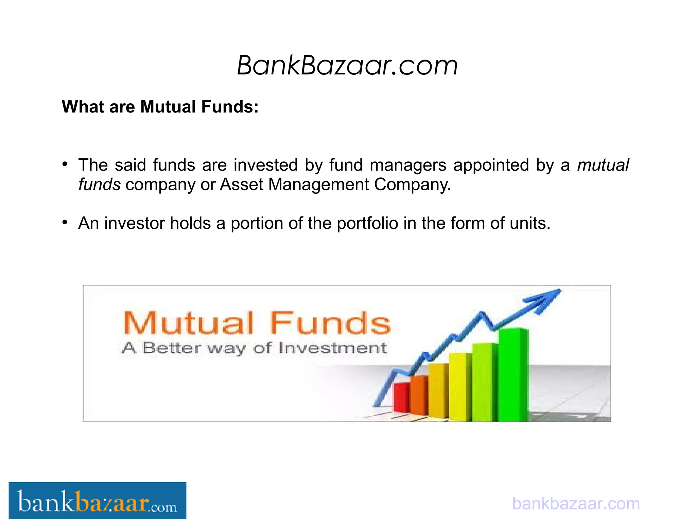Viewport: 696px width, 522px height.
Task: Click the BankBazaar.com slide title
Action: coord(347,65)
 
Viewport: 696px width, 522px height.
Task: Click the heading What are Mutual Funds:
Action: coord(160,107)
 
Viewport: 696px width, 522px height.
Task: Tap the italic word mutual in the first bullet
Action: coord(603,165)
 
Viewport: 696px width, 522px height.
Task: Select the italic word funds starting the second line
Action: coord(99,185)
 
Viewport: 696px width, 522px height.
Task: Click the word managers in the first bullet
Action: coord(407,165)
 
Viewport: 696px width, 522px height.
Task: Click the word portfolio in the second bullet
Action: coord(367,224)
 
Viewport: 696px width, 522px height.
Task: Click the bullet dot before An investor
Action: coord(65,223)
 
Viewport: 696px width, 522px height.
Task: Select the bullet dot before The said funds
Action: coord(65,164)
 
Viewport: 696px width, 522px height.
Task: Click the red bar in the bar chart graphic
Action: coord(401,398)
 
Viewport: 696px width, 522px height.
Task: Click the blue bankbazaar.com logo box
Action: coord(97,501)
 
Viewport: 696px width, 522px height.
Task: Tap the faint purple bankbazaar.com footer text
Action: coord(576,503)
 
